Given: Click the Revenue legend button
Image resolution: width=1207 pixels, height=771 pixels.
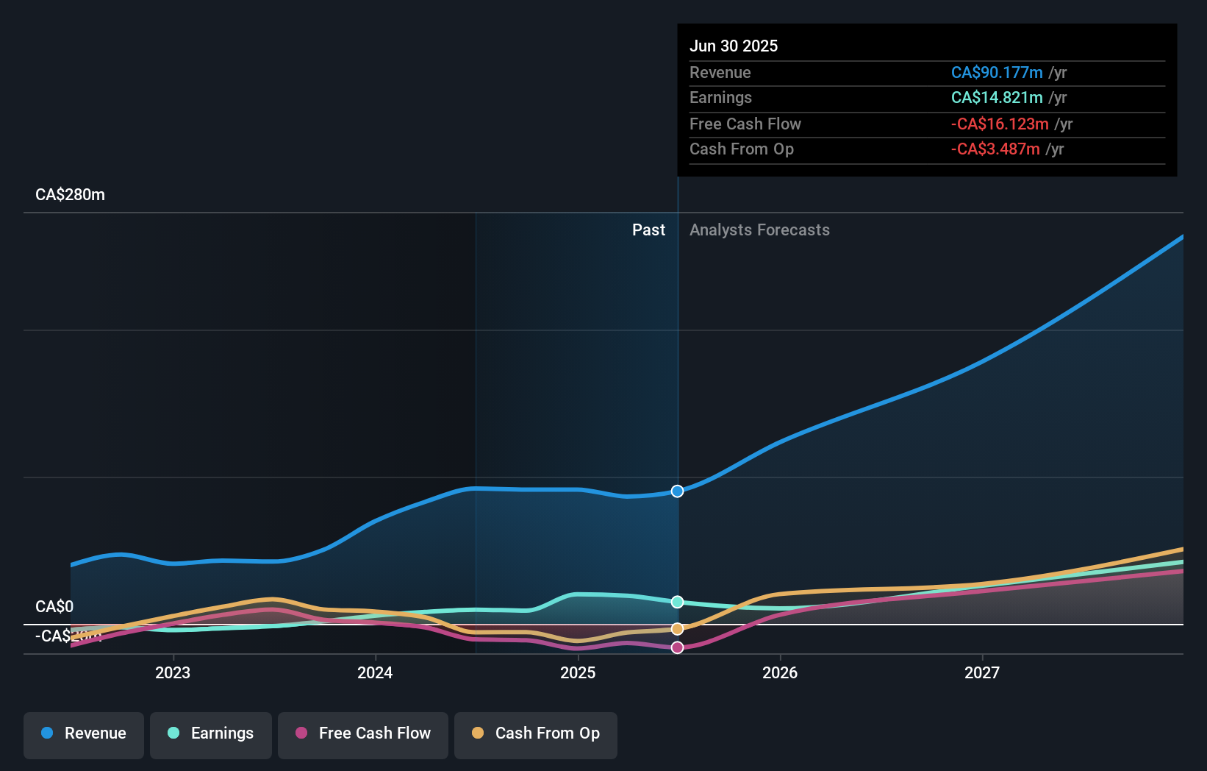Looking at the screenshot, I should (84, 733).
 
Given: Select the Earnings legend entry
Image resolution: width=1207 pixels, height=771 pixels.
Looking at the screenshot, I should (211, 733).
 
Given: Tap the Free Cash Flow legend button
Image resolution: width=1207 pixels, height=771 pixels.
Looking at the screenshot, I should (363, 733).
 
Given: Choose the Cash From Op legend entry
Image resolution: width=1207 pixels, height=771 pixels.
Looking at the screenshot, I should (536, 733).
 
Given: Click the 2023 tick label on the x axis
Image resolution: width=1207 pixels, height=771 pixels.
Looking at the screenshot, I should (173, 672).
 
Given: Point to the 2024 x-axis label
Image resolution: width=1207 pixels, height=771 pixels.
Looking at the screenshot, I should (375, 672).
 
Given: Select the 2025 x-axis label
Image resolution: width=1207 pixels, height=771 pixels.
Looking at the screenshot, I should (578, 672).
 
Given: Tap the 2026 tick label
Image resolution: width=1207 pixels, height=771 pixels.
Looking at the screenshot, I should (780, 672).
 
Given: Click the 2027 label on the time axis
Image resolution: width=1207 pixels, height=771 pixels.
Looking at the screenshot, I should (982, 672).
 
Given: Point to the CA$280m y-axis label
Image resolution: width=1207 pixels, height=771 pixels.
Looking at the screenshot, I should (71, 195).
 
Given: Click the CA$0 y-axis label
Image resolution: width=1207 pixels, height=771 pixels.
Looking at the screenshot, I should (54, 607).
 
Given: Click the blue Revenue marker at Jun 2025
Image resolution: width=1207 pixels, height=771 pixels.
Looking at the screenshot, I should (677, 491).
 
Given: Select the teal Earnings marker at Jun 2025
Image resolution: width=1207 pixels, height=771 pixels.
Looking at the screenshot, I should (677, 602).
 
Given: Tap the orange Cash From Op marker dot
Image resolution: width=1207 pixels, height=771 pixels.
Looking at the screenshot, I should (677, 629).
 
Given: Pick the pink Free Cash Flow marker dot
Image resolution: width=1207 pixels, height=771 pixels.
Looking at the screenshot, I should (677, 647).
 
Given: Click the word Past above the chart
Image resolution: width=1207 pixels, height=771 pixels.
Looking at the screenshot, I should (648, 230).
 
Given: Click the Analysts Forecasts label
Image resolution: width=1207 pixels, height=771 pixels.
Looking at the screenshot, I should (759, 230).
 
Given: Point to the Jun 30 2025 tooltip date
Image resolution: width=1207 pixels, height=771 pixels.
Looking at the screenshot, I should (734, 46).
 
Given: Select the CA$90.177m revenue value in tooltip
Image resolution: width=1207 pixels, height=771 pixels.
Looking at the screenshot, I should (997, 73).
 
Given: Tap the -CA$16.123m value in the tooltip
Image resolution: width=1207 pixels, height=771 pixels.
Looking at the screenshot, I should (1000, 124).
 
